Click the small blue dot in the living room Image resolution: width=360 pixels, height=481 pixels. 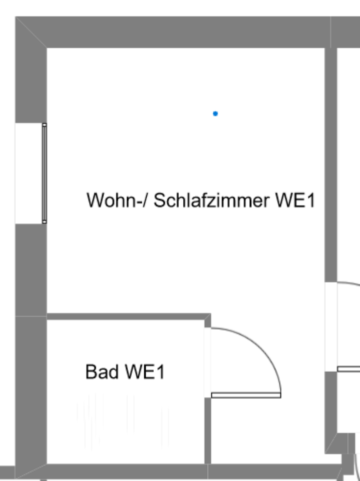pos(215,114)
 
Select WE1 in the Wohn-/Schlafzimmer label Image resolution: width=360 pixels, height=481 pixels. pos(295,200)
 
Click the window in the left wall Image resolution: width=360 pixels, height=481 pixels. pos(44,173)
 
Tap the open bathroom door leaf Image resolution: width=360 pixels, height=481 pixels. pos(246,395)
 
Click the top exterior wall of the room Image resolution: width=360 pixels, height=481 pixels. pos(185,32)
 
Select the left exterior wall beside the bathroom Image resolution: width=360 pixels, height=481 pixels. pos(31,391)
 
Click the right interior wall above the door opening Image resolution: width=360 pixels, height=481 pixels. pos(330,165)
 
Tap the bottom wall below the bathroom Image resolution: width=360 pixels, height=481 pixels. pos(125,471)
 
